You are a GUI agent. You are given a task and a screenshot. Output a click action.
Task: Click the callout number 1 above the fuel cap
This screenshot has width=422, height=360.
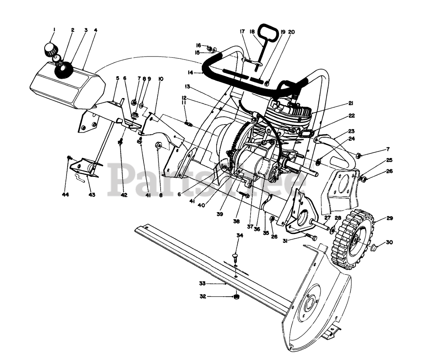[54, 30]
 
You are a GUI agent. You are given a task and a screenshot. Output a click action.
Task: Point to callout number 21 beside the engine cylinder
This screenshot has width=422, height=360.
[350, 103]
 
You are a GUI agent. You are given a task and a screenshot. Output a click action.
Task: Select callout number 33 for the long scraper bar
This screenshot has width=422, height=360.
[202, 283]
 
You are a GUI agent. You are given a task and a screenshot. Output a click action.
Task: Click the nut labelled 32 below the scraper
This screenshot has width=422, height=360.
[236, 297]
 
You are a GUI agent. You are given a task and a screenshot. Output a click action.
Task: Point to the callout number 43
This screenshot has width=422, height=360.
[92, 195]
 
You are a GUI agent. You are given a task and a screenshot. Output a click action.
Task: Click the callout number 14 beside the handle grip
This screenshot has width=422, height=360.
[189, 72]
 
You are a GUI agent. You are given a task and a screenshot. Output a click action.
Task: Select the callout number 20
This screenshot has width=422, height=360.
[291, 32]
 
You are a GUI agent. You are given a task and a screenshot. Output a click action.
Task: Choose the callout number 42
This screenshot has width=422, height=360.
[124, 195]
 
